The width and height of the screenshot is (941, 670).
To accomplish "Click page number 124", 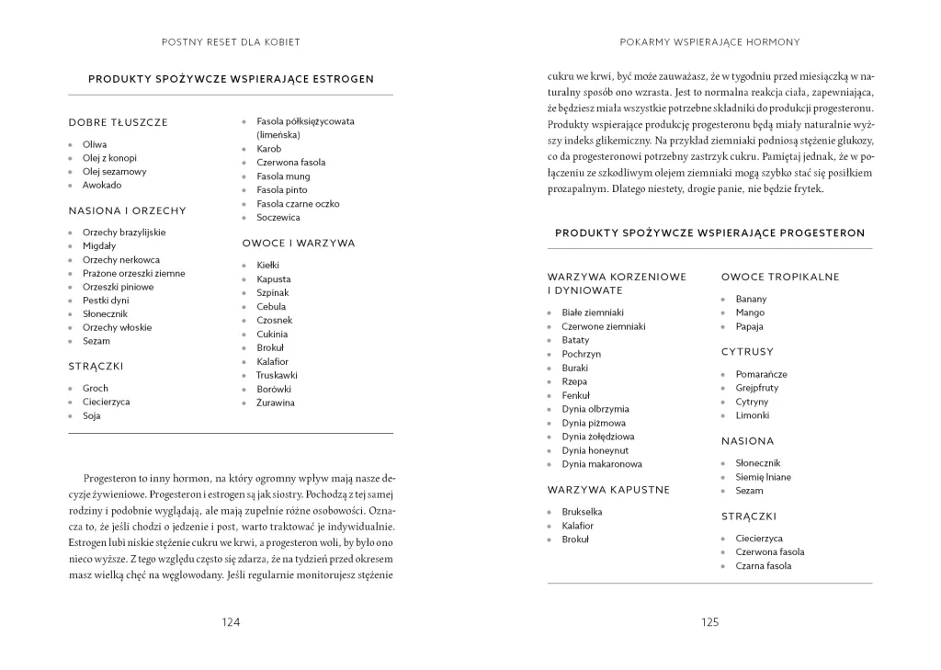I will [231, 622].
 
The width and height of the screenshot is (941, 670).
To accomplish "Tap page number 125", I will [709, 622].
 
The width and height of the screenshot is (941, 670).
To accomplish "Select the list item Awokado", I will [101, 185].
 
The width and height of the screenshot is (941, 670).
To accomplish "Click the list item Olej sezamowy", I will [114, 171].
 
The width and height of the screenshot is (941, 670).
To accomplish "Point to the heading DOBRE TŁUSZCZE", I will [118, 122].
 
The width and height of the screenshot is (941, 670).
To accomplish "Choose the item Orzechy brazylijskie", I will [124, 233].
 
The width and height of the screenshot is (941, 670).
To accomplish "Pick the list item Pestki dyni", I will [106, 301].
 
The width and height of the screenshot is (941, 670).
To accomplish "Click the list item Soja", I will [91, 415].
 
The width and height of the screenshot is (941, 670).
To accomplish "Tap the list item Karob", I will [268, 149].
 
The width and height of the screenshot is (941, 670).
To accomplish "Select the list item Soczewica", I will [278, 218].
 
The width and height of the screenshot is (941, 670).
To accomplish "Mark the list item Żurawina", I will [276, 403].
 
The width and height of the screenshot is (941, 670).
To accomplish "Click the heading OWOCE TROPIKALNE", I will [780, 277].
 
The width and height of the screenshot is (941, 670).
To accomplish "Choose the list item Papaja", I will [749, 326].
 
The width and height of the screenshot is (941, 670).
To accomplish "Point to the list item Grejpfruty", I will [757, 388].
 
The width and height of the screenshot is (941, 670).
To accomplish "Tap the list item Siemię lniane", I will [763, 477].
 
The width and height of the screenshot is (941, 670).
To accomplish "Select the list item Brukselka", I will [583, 512].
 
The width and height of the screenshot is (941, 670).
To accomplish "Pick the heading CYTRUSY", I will [747, 352].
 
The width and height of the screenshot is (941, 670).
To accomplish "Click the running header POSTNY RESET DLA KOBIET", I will [231, 42].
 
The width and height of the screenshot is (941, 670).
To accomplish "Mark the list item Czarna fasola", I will [763, 566].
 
